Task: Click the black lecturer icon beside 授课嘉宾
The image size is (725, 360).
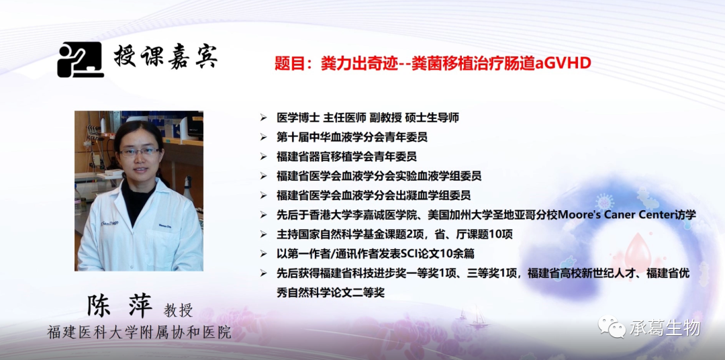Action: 80,60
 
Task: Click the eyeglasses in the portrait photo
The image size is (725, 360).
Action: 139,151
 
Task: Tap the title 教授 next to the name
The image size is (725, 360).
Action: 178,311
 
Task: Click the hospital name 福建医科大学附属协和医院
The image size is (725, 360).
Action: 139,332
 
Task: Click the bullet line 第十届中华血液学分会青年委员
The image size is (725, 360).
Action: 351,137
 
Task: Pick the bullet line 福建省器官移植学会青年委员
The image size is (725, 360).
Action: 346,156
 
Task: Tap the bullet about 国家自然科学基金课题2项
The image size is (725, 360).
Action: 395,234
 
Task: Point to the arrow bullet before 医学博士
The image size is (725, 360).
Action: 264,118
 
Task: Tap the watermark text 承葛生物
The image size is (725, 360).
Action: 665,328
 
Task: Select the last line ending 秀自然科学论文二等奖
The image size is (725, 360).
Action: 330,293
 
